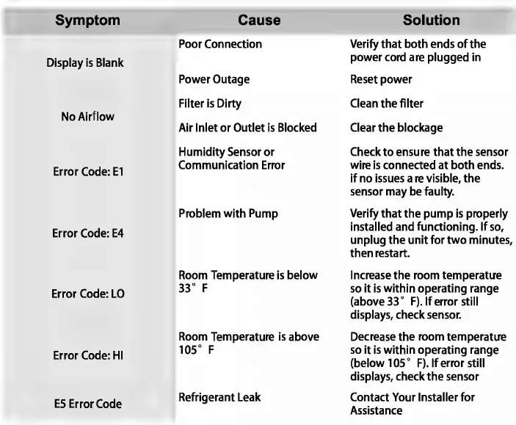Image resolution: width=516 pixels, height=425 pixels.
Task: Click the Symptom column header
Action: tap(87, 21)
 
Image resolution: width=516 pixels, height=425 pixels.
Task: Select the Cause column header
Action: tap(259, 21)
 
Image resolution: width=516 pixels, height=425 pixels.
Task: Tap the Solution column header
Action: tap(432, 21)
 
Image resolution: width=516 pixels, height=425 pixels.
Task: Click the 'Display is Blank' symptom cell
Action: tap(85, 62)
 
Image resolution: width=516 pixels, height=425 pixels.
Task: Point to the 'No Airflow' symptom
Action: tap(87, 116)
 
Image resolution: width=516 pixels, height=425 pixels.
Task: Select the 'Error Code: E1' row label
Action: tap(87, 177)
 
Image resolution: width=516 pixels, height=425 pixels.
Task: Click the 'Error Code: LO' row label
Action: tap(87, 294)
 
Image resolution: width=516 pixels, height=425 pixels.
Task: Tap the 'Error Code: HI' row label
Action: tap(87, 355)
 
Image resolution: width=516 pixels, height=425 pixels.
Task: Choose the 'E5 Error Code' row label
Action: tap(87, 404)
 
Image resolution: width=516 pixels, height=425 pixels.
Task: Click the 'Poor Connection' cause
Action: tap(220, 44)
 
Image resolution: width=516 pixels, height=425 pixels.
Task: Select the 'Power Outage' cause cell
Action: tap(214, 79)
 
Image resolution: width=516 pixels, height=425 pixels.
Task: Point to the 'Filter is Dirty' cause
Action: tap(210, 103)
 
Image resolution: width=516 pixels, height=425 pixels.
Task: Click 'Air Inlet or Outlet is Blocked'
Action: tap(247, 128)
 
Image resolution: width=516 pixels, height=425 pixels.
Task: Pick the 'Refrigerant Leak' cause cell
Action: tap(219, 397)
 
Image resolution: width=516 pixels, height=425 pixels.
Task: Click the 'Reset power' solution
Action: tap(381, 79)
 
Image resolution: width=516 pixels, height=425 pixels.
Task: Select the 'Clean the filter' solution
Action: tap(386, 103)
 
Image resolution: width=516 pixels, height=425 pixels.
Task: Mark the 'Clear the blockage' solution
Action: tap(396, 128)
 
